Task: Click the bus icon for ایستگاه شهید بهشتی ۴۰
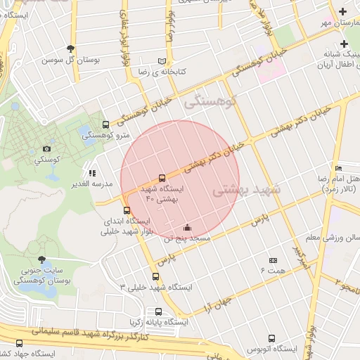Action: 162,178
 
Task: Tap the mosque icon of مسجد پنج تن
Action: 187,227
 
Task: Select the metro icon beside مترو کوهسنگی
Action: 105,124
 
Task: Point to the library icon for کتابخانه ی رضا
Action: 163,61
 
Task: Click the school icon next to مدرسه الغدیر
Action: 91,173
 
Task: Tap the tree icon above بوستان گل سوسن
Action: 70,49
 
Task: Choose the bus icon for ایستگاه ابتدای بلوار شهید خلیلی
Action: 127,210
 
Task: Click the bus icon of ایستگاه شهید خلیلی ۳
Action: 155,276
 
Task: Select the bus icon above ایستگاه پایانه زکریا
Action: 158,311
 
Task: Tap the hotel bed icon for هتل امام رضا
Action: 338,169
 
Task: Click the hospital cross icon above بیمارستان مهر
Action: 342,11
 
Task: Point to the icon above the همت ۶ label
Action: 273,260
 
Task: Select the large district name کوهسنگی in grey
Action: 211,103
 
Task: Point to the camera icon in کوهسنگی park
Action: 46,149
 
